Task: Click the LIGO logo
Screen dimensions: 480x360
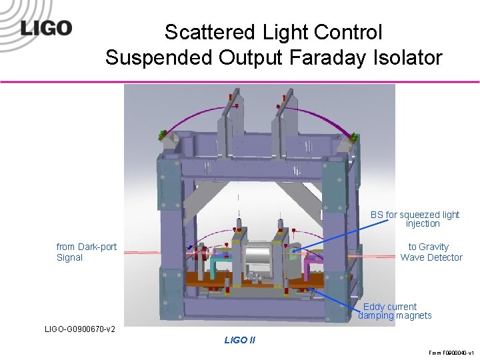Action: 45,29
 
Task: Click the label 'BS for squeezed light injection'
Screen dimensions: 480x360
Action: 415,219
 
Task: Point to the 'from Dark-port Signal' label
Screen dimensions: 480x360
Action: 86,252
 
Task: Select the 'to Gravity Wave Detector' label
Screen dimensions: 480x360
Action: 431,252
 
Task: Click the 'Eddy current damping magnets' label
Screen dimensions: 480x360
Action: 395,311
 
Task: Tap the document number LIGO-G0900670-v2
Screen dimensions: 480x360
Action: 79,329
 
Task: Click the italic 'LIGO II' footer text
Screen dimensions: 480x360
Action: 239,341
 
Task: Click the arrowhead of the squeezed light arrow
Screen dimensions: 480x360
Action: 293,251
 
